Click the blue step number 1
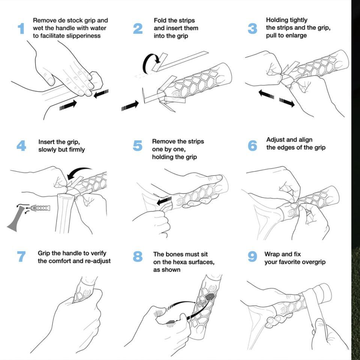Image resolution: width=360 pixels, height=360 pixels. [21, 28]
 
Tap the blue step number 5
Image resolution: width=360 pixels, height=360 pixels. [138, 145]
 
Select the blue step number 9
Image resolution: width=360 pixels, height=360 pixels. [252, 257]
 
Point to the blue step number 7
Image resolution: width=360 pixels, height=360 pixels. [21, 256]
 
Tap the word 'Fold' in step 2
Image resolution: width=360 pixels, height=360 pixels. [160, 20]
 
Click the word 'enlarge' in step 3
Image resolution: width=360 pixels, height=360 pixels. [296, 36]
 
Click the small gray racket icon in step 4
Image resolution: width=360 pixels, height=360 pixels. [17, 221]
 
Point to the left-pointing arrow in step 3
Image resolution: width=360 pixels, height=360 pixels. [266, 95]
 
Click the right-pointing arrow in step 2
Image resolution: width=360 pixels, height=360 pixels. [130, 106]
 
